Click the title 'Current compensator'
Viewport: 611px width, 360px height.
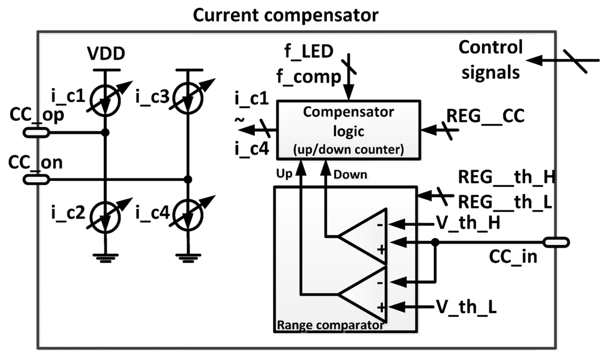pos(285,15)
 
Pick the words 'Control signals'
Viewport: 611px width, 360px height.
pos(490,60)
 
